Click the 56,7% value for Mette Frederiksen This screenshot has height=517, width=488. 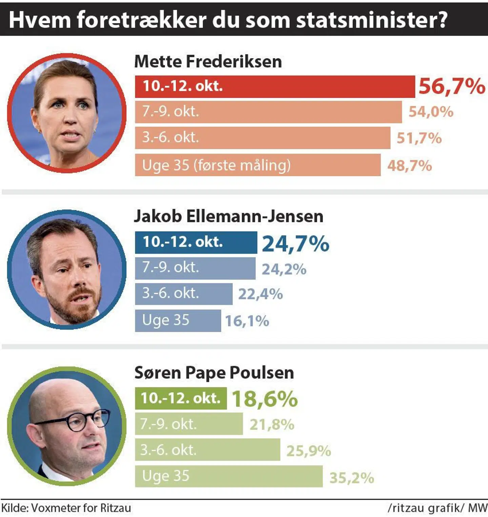451,86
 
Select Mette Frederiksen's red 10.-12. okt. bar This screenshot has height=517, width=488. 274,87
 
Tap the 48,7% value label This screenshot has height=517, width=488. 409,166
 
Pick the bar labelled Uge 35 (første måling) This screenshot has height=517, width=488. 258,165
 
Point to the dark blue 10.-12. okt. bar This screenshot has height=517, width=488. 196,242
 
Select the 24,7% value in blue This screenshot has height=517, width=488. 296,244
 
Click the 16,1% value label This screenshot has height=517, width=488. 247,321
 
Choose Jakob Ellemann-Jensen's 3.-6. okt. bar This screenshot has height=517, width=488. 183,294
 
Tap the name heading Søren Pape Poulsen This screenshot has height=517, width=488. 214,372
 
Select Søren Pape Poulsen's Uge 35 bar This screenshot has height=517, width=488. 229,476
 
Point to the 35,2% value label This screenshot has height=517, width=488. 351,478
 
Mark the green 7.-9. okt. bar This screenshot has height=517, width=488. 189,424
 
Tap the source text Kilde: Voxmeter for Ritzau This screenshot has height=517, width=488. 66,508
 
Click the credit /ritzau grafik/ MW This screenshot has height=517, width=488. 437,508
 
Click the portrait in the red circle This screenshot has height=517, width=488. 67,113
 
